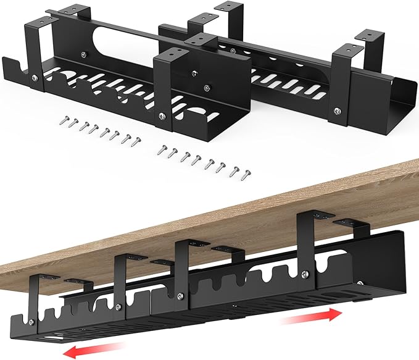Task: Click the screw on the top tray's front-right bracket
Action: coord(336,111)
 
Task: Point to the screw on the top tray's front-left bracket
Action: coord(35,78)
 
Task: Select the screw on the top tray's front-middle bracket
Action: coord(162,114)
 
